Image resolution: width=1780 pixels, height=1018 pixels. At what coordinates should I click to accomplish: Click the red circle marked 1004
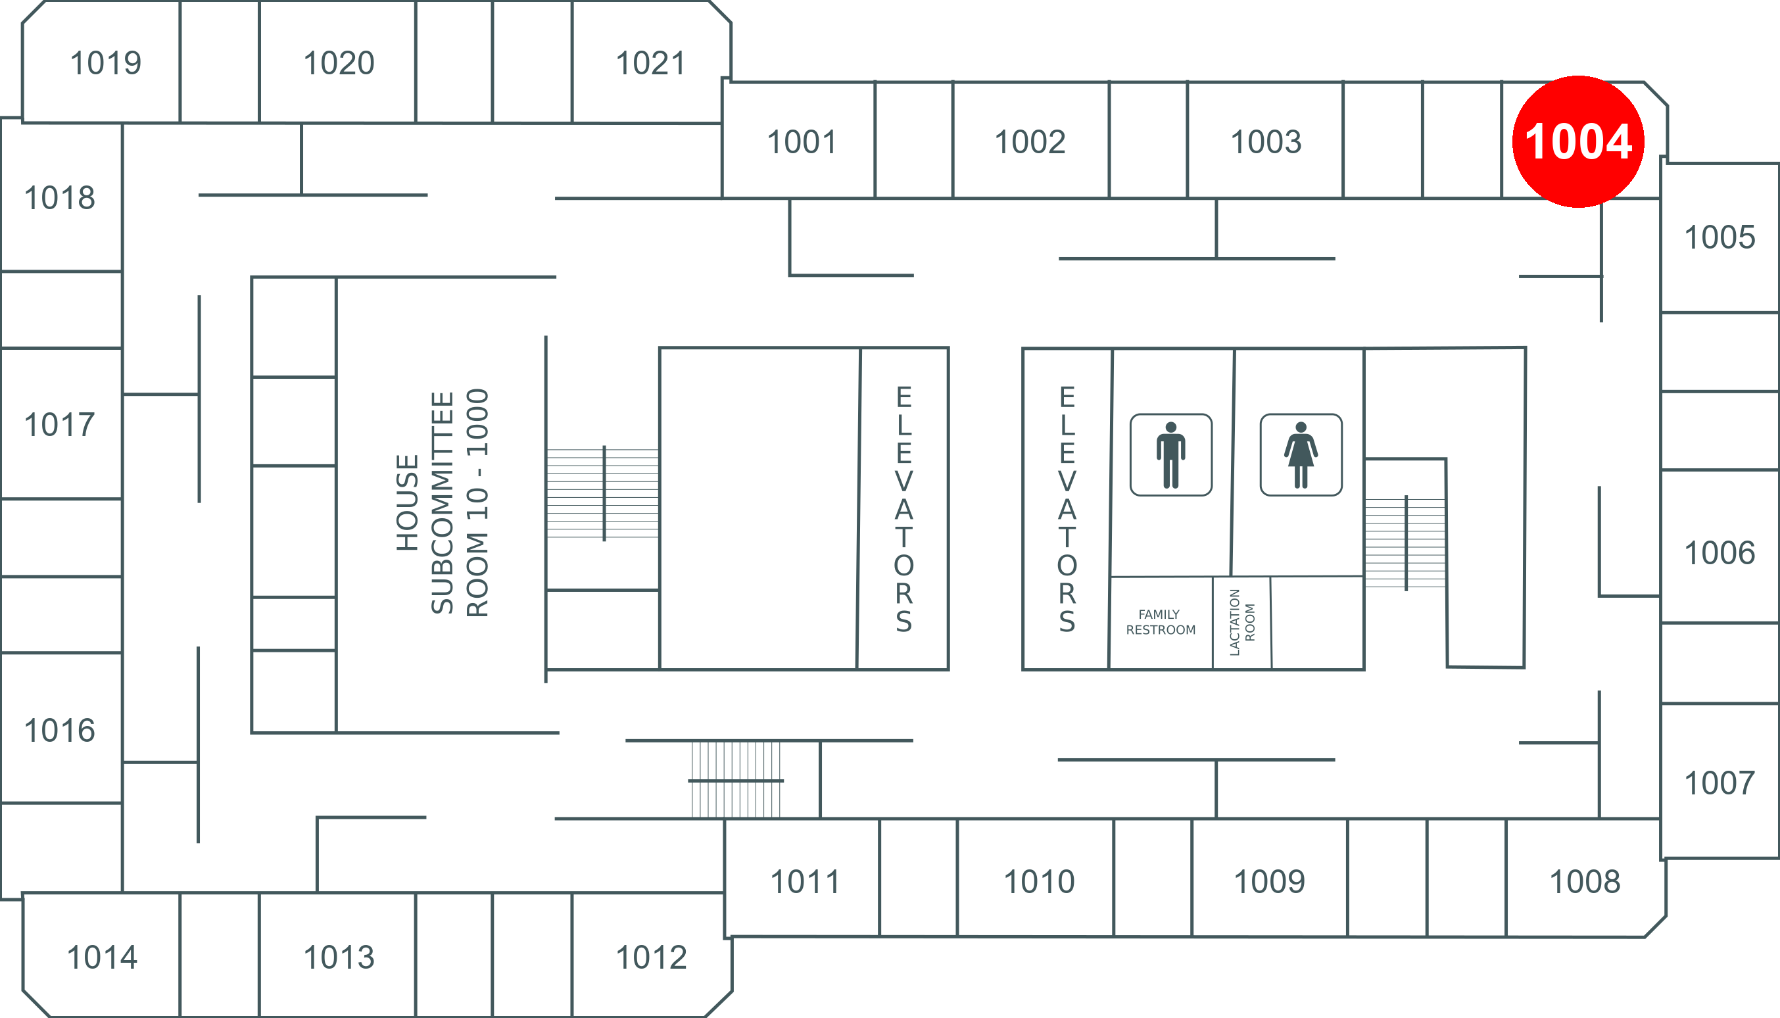coord(1578,142)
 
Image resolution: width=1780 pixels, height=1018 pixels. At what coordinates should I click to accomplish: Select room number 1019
coord(106,63)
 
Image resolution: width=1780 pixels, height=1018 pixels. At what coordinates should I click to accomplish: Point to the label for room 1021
coord(650,63)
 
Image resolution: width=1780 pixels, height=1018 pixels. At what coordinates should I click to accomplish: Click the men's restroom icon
coord(1171,454)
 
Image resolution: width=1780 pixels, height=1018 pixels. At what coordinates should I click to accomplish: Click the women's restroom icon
coord(1301,454)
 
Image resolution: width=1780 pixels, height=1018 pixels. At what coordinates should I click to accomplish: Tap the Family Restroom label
coord(1161,622)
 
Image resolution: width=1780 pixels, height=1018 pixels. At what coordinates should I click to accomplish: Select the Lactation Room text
coord(1241,622)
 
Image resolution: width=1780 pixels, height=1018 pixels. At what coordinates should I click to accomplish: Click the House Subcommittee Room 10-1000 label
coord(443,502)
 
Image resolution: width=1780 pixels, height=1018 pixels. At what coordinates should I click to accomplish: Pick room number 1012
coord(651,957)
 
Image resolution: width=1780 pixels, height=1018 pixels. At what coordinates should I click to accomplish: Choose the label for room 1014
coord(102,957)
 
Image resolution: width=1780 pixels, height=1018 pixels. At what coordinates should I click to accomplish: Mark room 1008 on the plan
coord(1585,882)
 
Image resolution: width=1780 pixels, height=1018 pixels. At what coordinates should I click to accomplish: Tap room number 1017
coord(59,424)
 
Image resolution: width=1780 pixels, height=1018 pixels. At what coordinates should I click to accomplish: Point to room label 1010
coord(1039,882)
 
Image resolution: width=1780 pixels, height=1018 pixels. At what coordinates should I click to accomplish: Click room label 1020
coord(339,63)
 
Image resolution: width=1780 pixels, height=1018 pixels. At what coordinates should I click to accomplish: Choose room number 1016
coord(59,731)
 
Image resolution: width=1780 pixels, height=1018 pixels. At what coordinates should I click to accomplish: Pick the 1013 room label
coord(339,957)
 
